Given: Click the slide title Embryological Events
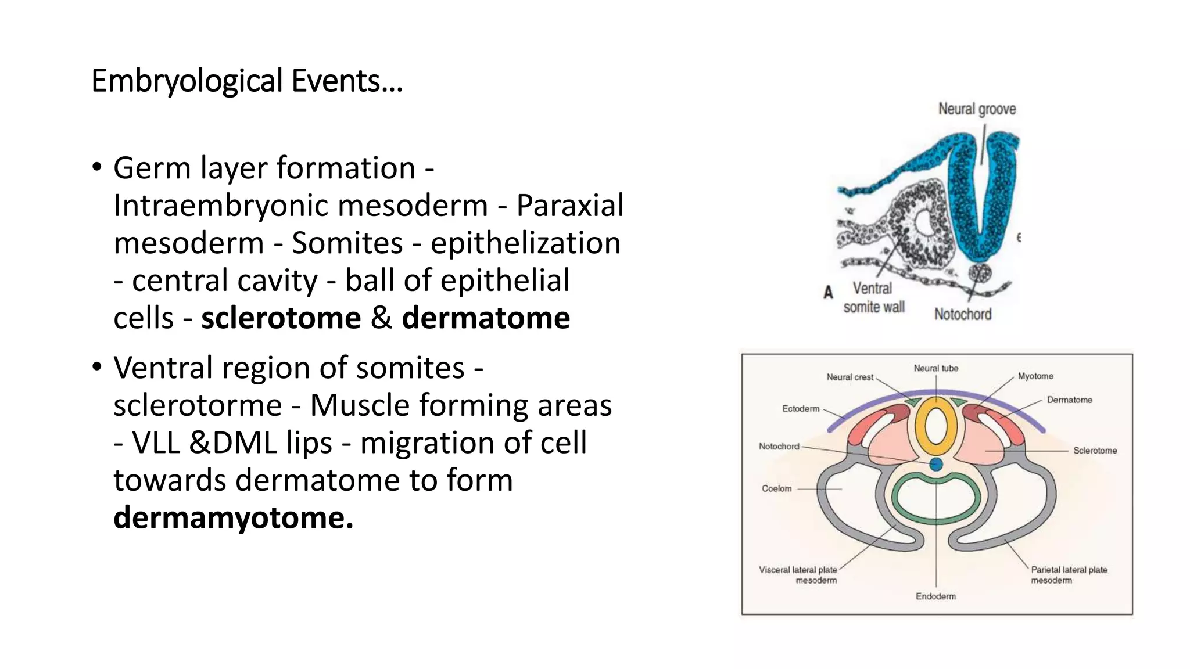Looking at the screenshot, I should pyautogui.click(x=247, y=81).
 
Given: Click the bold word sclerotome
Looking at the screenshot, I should pyautogui.click(x=281, y=318).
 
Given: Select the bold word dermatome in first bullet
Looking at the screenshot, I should pyautogui.click(x=486, y=318).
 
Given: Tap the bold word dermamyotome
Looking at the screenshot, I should pyautogui.click(x=233, y=517).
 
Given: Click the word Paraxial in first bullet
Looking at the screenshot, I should pyautogui.click(x=570, y=205).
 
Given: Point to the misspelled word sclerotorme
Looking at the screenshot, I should pyautogui.click(x=198, y=405).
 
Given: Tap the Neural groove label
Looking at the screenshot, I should pyautogui.click(x=977, y=109).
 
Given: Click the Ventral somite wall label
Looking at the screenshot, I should pyautogui.click(x=873, y=297).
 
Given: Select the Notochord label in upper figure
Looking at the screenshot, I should pyautogui.click(x=963, y=314).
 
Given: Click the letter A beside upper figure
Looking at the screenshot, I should pyautogui.click(x=829, y=292).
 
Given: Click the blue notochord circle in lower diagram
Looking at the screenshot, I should pyautogui.click(x=936, y=464).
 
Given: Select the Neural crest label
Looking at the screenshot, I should pyautogui.click(x=850, y=377).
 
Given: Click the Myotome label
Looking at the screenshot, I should pyautogui.click(x=1035, y=376).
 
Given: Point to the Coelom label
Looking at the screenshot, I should pyautogui.click(x=776, y=488).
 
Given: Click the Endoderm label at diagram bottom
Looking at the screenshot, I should pyautogui.click(x=935, y=596).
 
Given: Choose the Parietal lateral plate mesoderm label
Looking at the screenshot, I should pyautogui.click(x=1069, y=575).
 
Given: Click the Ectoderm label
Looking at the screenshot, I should pyautogui.click(x=801, y=409).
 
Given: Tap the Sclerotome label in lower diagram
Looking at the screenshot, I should pyautogui.click(x=1095, y=451).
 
